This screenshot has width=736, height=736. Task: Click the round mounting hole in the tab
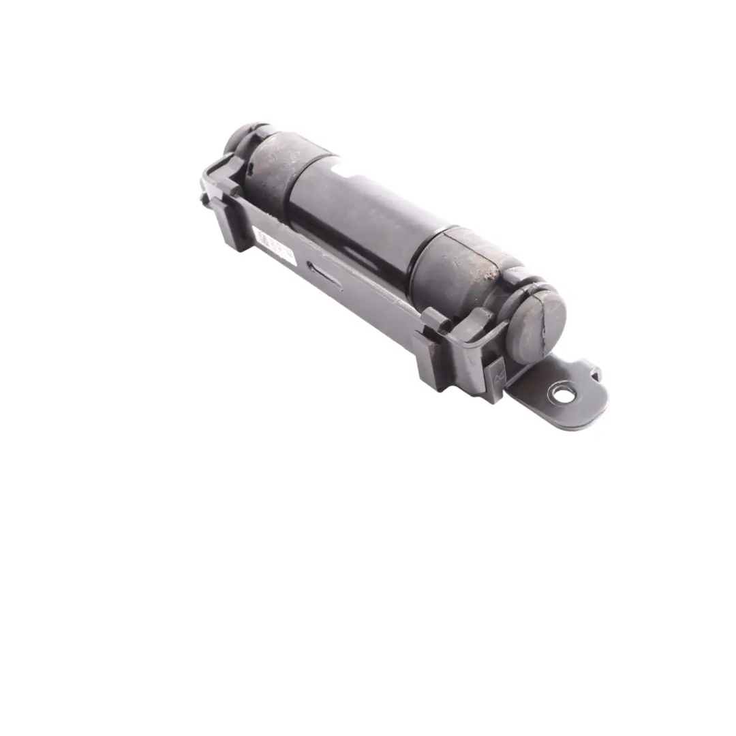tap(562, 393)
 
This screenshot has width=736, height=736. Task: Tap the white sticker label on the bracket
tap(275, 246)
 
